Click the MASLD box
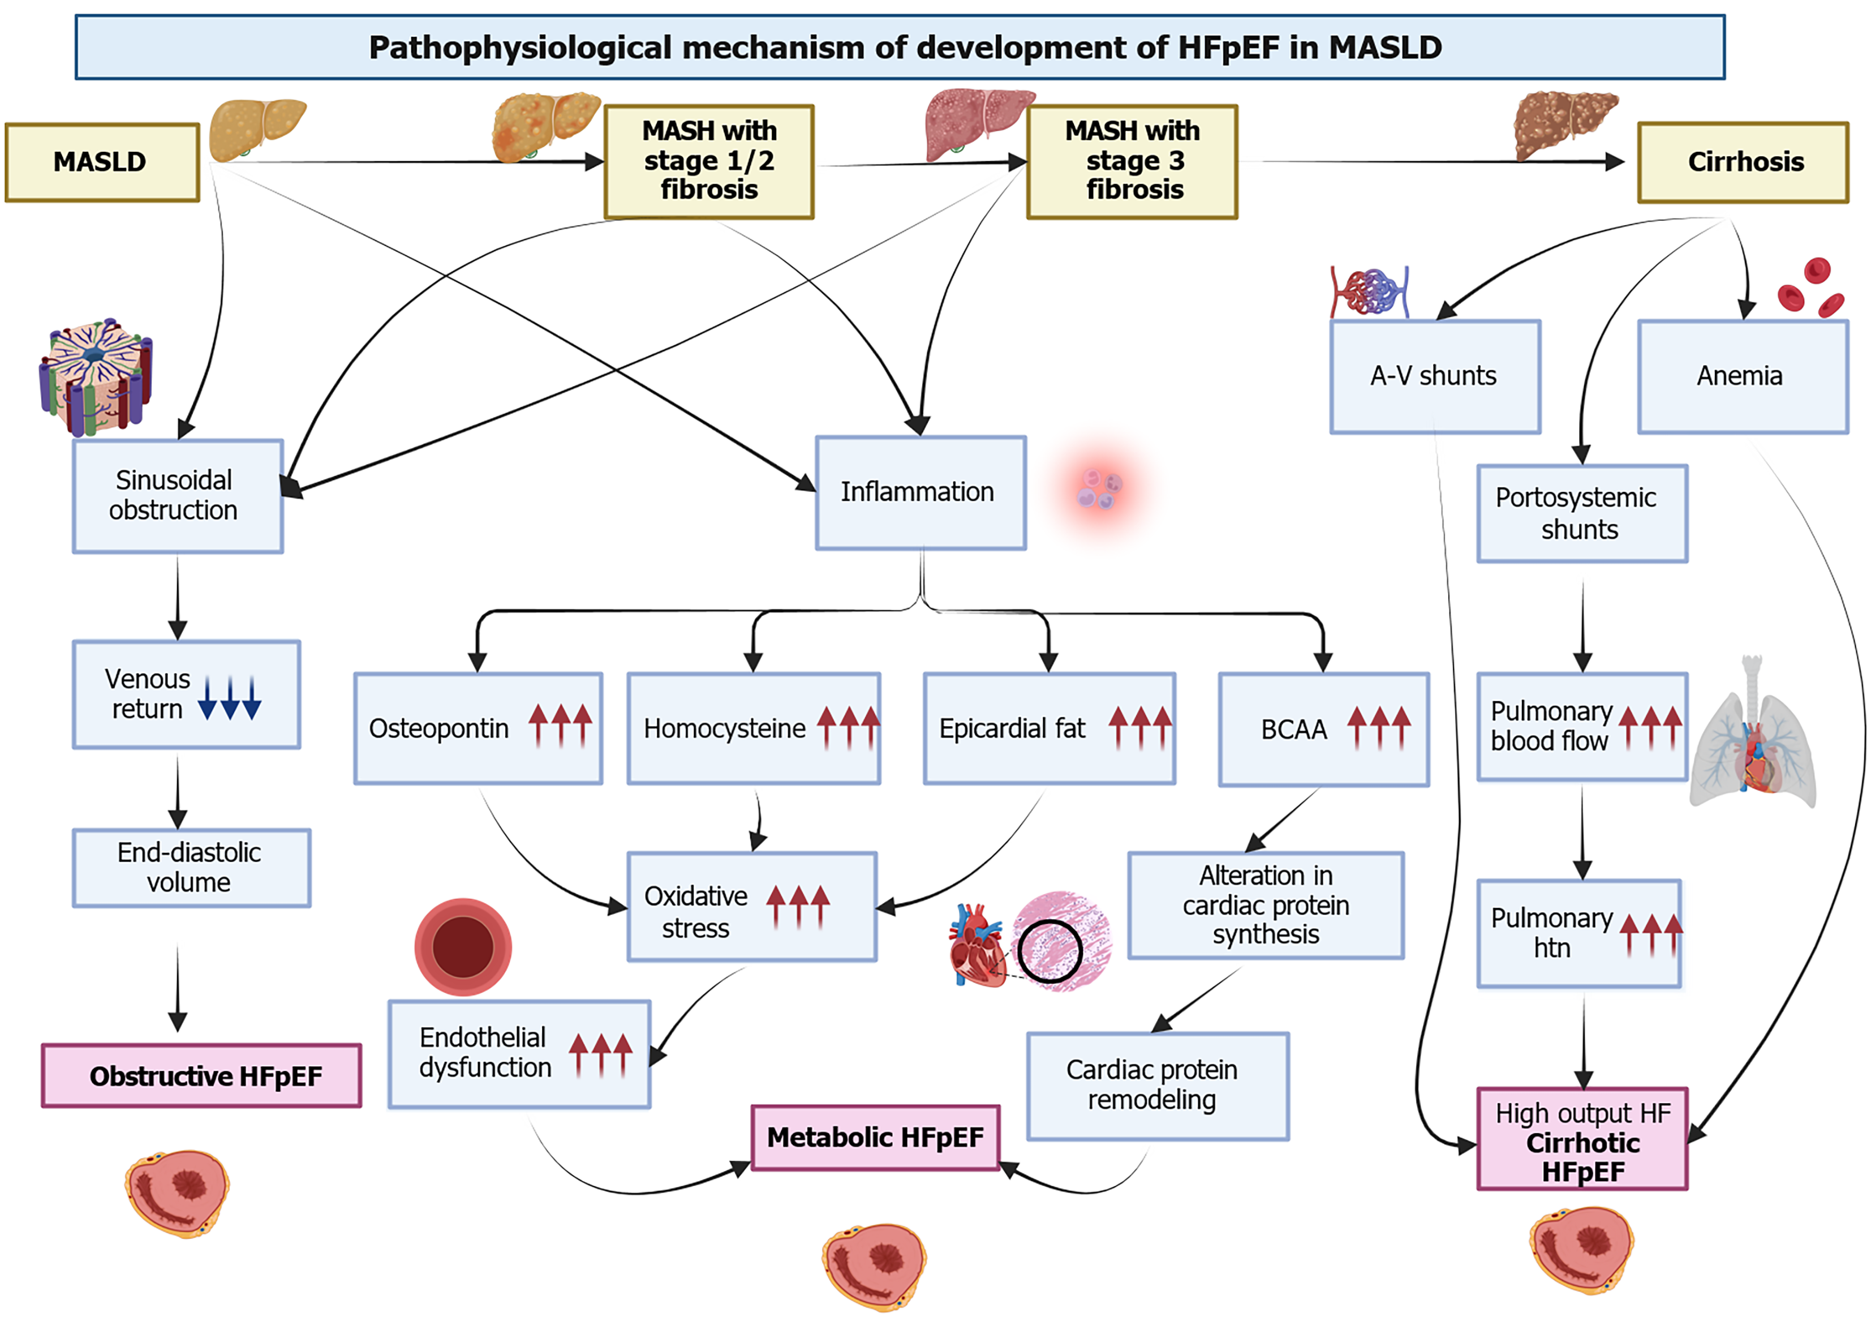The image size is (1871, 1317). (x=102, y=162)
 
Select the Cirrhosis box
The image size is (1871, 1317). (x=1743, y=162)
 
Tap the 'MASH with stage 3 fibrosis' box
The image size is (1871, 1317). (x=1132, y=161)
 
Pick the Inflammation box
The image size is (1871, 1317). (x=920, y=492)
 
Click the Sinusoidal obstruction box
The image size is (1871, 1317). (x=178, y=496)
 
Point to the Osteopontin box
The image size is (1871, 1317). (x=478, y=728)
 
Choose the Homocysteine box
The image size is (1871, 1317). (x=754, y=728)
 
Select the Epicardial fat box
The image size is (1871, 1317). (x=1050, y=728)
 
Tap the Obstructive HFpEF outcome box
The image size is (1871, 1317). (x=201, y=1076)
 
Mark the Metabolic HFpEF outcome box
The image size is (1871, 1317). (x=875, y=1138)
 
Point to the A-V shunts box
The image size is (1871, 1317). (x=1435, y=376)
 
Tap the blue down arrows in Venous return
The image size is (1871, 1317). (x=230, y=698)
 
